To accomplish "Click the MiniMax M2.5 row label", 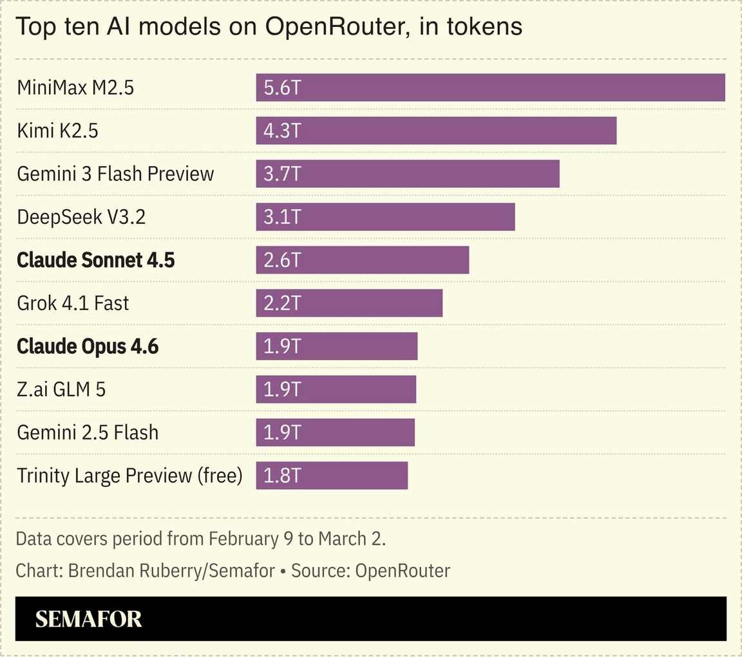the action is [x=75, y=88].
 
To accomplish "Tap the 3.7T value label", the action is [x=282, y=174].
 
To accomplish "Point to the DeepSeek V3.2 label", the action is [x=81, y=217].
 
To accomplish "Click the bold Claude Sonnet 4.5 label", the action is [x=96, y=260].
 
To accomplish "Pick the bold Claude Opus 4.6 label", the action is [x=88, y=346].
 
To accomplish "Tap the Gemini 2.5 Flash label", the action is [x=88, y=432].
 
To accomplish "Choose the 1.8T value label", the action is [x=282, y=476].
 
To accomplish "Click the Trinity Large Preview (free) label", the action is [x=129, y=476].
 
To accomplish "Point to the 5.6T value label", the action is [x=282, y=88].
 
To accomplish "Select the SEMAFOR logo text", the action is [x=88, y=619].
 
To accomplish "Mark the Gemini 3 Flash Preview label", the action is [x=115, y=174].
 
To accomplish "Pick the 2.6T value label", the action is [x=282, y=260].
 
